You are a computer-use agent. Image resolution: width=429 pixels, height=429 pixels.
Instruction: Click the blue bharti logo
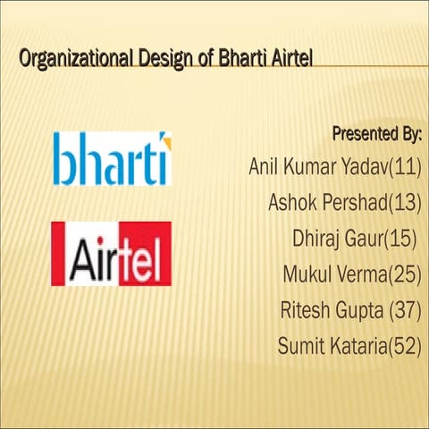point(111,159)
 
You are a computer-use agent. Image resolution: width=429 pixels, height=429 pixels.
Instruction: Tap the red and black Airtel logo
point(111,254)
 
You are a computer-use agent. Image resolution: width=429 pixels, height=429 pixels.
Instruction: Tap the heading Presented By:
point(376,135)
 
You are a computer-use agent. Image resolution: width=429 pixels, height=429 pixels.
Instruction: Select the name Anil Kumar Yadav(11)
point(335,167)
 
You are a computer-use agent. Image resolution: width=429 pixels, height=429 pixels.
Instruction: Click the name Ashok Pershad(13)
point(344,203)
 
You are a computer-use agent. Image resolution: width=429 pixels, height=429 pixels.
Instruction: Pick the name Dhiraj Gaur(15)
point(355,239)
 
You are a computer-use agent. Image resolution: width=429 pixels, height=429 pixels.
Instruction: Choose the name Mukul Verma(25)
point(351,274)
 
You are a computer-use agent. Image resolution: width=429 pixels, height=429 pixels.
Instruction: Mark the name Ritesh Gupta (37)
point(350,310)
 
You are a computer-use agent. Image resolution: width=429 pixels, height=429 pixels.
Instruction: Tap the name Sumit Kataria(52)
point(349,346)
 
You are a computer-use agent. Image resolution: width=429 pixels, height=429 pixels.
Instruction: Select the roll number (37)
point(405,310)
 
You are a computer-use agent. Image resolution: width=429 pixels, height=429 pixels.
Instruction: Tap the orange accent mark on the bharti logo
point(163,139)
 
